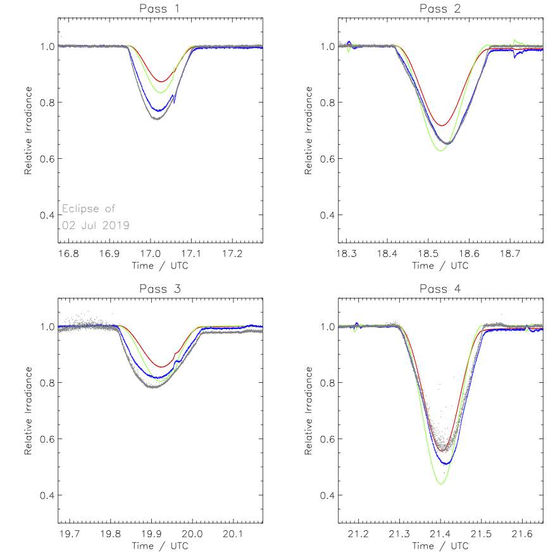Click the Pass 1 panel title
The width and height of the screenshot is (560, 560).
point(161,8)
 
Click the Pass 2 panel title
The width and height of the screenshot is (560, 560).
point(440,8)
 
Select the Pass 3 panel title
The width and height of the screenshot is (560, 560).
point(161,289)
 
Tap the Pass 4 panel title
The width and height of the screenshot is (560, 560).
point(440,289)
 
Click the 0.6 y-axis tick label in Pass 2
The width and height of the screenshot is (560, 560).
point(326,158)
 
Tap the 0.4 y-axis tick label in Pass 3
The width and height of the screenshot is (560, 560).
point(46,495)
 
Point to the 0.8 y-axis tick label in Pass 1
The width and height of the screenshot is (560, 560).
point(46,103)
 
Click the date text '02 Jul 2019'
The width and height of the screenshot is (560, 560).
point(96,225)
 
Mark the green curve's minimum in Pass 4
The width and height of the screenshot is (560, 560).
point(441,484)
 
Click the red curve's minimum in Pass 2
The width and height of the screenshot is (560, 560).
point(442,125)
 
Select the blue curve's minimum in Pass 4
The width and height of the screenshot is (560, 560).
point(447,464)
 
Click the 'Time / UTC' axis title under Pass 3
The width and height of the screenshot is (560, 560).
point(160,545)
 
